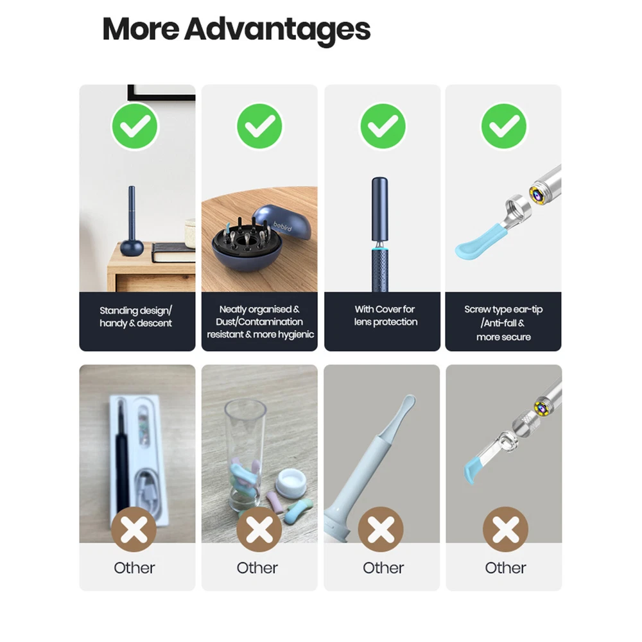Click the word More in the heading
click(x=141, y=29)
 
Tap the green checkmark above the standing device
click(x=135, y=126)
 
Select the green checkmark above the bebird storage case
click(x=259, y=126)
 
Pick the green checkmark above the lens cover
click(x=383, y=126)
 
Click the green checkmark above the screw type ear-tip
click(x=504, y=126)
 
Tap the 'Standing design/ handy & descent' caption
click(x=136, y=317)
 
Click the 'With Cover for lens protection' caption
click(x=385, y=315)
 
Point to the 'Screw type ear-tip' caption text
click(x=503, y=309)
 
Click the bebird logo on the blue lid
click(x=282, y=225)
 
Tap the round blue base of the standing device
click(x=132, y=248)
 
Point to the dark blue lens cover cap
click(x=379, y=209)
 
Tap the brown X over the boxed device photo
click(x=134, y=530)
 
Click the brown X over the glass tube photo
click(x=259, y=530)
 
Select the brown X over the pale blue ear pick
click(x=381, y=530)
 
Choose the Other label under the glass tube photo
click(x=257, y=568)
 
